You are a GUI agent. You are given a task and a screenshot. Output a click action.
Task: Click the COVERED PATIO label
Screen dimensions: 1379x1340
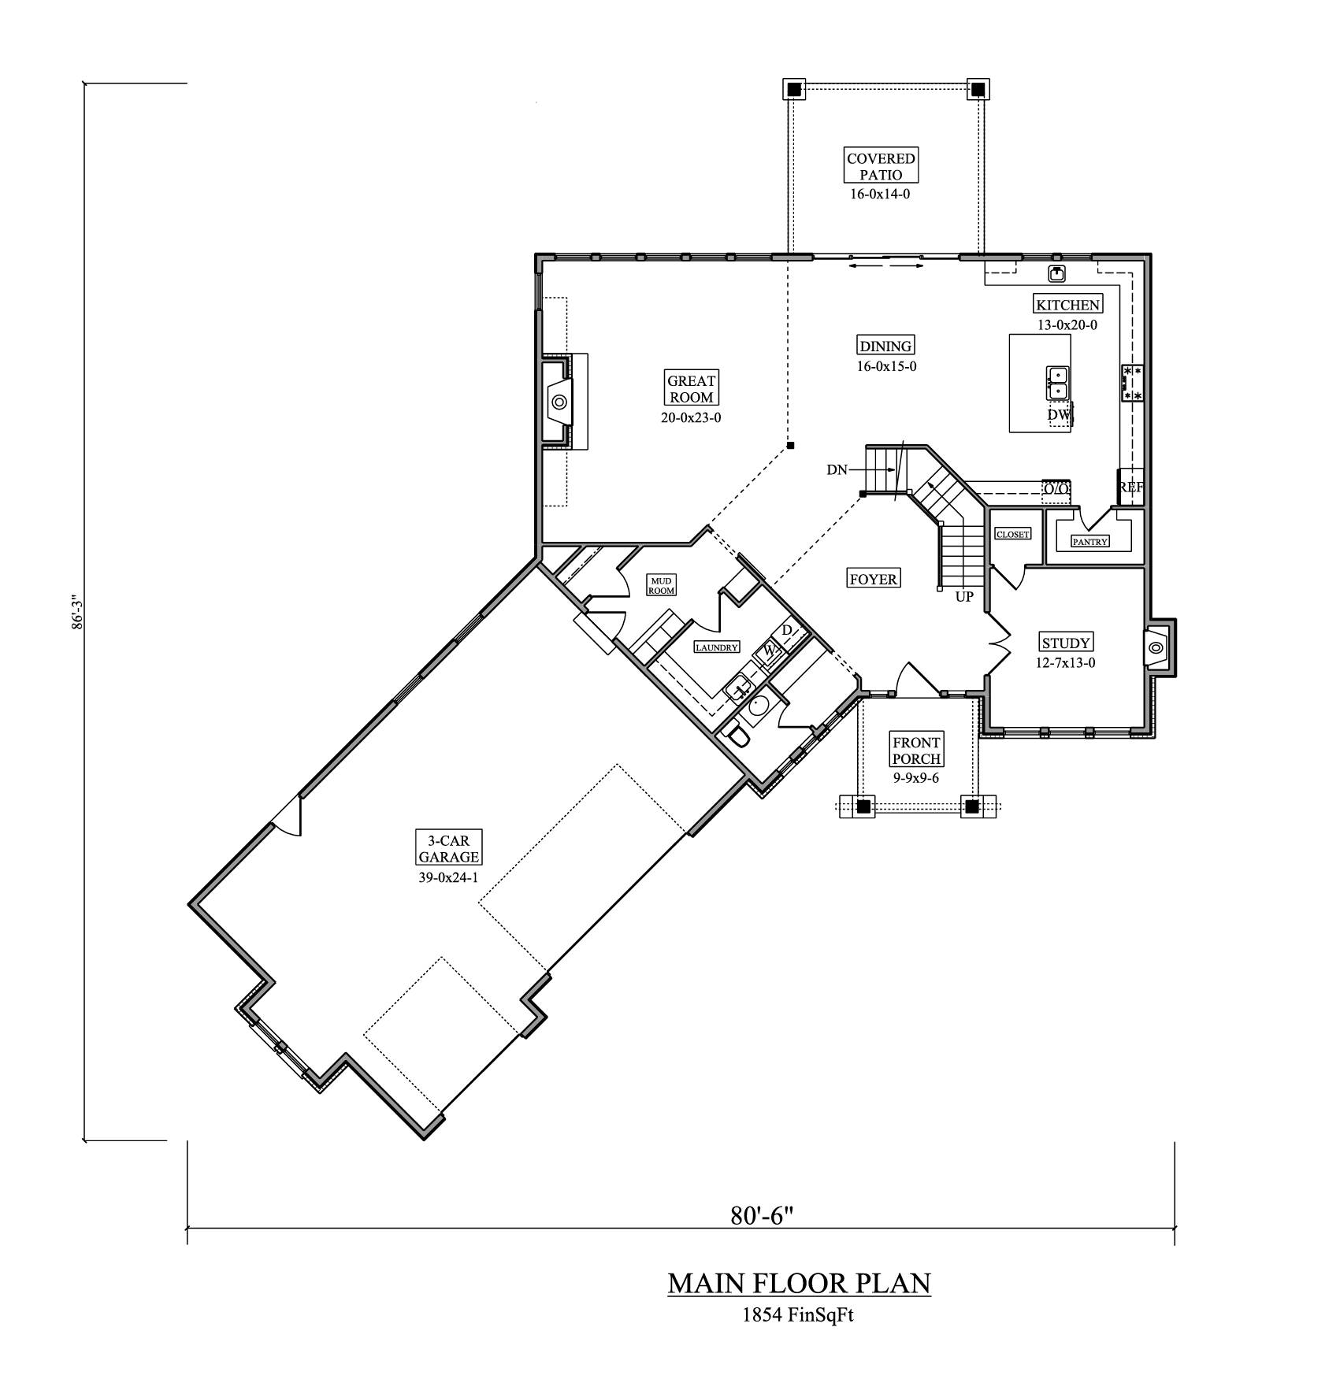(881, 166)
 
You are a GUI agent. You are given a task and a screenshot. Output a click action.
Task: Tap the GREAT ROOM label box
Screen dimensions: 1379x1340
(691, 389)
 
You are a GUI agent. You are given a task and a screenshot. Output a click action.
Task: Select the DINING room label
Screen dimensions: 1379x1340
(885, 346)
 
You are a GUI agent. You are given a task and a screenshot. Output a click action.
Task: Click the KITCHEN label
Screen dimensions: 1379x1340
(1067, 305)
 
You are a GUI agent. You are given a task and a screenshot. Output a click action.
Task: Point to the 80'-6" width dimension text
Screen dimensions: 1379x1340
(760, 1216)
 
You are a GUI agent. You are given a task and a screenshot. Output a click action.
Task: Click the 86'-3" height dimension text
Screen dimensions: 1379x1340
(76, 611)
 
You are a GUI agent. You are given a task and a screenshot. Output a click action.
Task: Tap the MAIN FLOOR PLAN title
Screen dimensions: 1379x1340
(799, 1283)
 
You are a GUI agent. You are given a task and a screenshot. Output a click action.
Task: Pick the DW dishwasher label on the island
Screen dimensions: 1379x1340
(1058, 414)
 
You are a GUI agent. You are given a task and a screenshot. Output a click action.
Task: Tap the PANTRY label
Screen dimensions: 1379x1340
(1090, 541)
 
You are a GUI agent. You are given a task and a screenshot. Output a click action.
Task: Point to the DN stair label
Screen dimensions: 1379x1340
(837, 470)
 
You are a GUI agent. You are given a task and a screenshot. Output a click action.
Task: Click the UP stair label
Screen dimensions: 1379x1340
(964, 597)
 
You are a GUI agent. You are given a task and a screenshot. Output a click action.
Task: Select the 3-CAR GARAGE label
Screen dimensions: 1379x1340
(449, 848)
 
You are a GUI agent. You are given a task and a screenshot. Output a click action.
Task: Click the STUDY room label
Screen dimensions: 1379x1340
(1065, 643)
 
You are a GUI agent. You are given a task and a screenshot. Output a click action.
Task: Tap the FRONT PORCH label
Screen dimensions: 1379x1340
(916, 750)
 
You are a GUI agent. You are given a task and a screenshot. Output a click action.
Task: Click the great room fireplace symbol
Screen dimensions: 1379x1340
(559, 402)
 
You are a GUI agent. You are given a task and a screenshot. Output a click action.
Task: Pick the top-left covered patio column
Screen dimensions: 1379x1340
(794, 89)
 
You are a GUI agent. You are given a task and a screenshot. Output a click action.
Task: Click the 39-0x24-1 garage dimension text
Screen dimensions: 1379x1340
(448, 877)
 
